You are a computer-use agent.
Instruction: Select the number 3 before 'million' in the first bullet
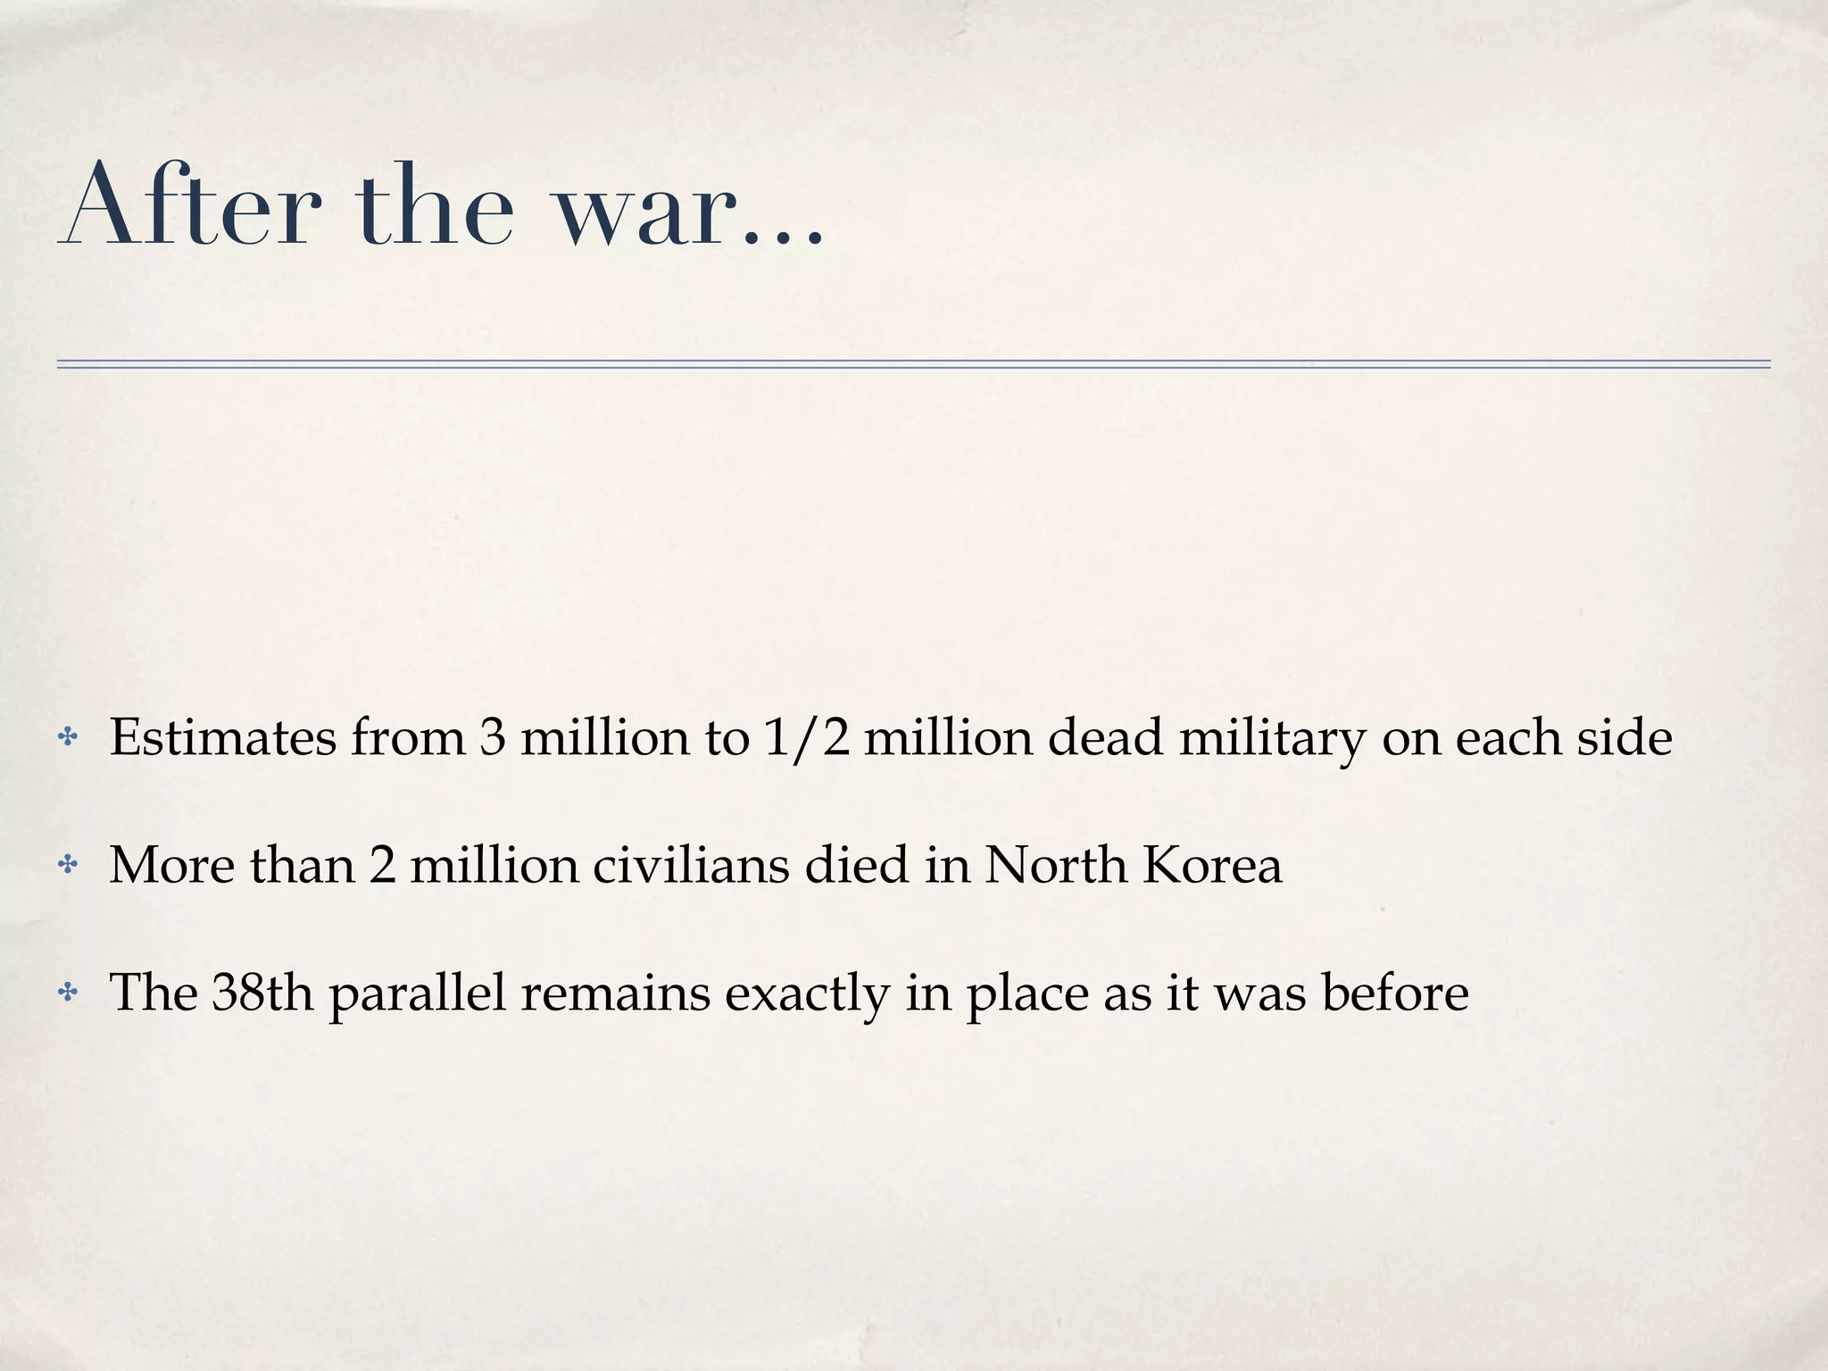pos(492,738)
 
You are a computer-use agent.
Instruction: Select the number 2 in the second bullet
pos(382,865)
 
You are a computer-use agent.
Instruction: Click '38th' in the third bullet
pos(263,992)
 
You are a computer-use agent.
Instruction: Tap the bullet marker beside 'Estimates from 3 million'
pos(67,738)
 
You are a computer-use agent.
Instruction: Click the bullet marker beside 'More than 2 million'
pos(67,865)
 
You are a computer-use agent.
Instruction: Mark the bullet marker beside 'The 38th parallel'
pos(67,992)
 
